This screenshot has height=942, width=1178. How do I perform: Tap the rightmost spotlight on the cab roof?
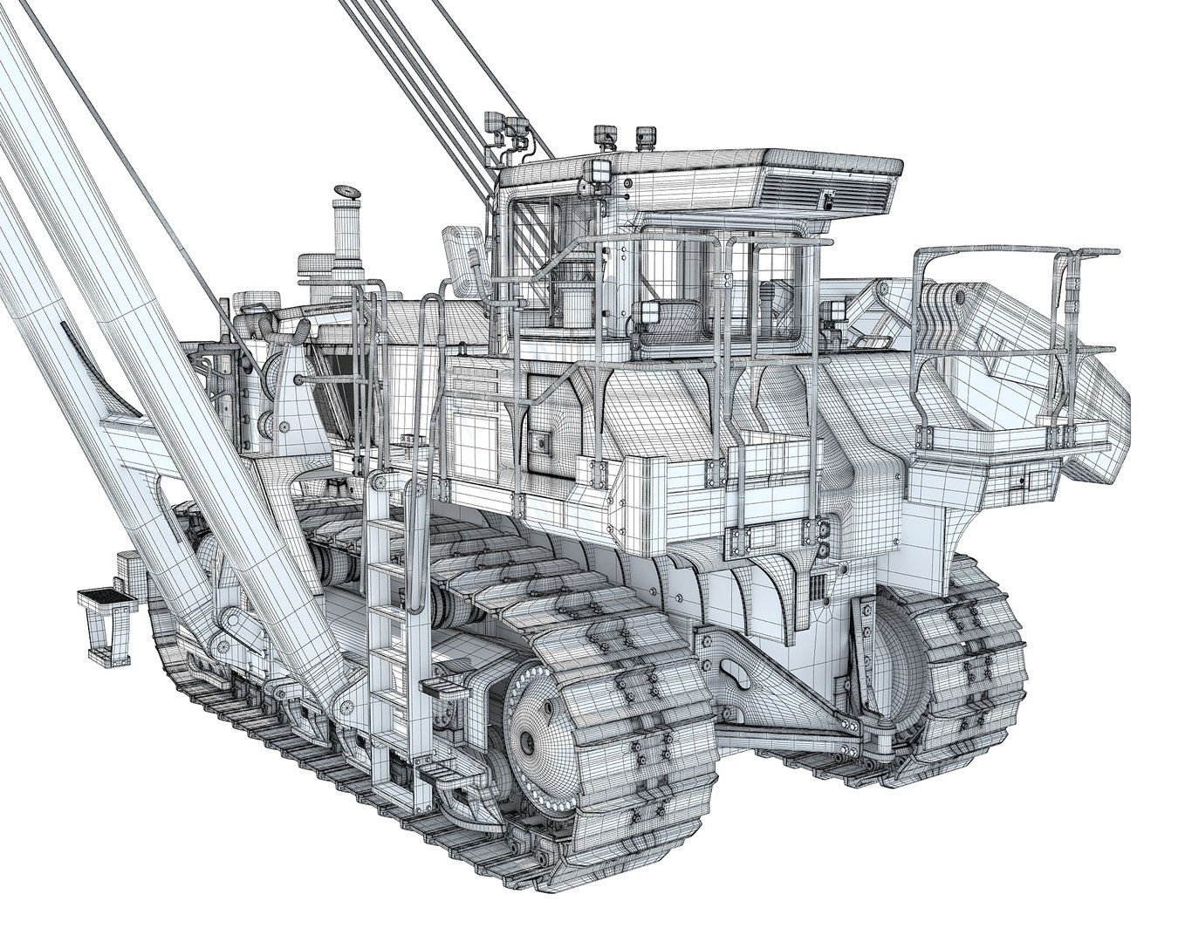(646, 136)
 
